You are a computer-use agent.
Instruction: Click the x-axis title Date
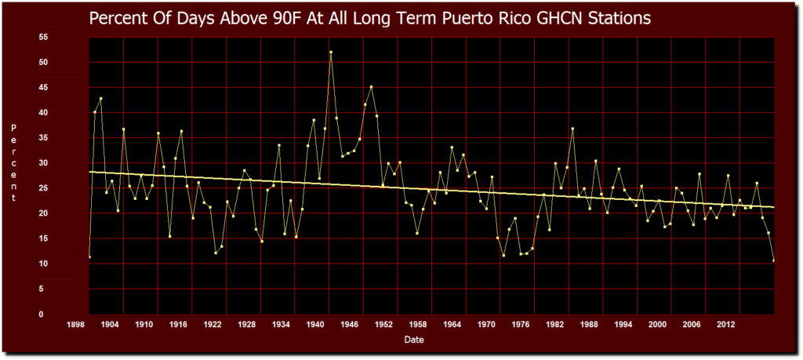coord(415,340)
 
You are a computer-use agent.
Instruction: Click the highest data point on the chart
coord(331,53)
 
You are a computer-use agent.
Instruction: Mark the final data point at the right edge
coord(774,260)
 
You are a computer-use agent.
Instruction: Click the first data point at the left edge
coord(89,256)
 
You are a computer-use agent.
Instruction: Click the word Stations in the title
coord(621,18)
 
